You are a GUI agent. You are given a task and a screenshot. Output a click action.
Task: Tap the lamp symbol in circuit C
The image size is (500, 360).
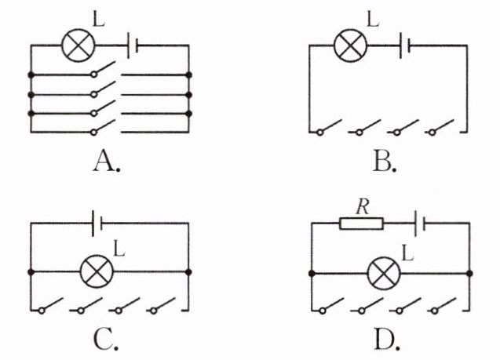97,272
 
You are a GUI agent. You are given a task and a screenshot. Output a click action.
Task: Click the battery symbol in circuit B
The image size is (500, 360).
403,45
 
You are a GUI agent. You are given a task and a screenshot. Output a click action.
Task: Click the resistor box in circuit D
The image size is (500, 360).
362,224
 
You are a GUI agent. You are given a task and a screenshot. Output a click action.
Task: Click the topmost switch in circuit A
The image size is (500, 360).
104,74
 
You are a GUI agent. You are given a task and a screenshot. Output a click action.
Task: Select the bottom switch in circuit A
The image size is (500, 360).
104,129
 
